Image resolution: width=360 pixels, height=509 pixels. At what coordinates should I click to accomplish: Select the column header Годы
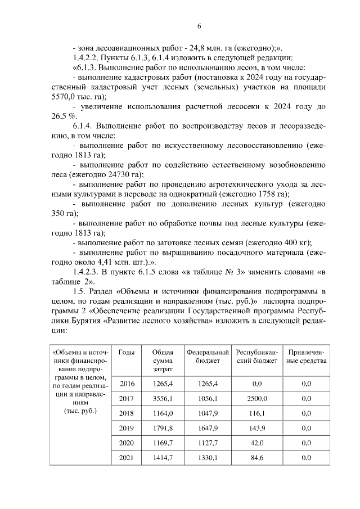[x=127, y=352]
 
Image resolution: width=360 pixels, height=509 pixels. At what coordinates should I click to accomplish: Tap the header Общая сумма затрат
[x=162, y=360]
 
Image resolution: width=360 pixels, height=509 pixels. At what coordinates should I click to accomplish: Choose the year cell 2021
[x=127, y=458]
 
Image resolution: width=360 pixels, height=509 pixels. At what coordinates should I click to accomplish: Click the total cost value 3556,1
[x=162, y=398]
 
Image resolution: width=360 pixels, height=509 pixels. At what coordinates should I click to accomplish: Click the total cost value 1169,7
[x=162, y=443]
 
